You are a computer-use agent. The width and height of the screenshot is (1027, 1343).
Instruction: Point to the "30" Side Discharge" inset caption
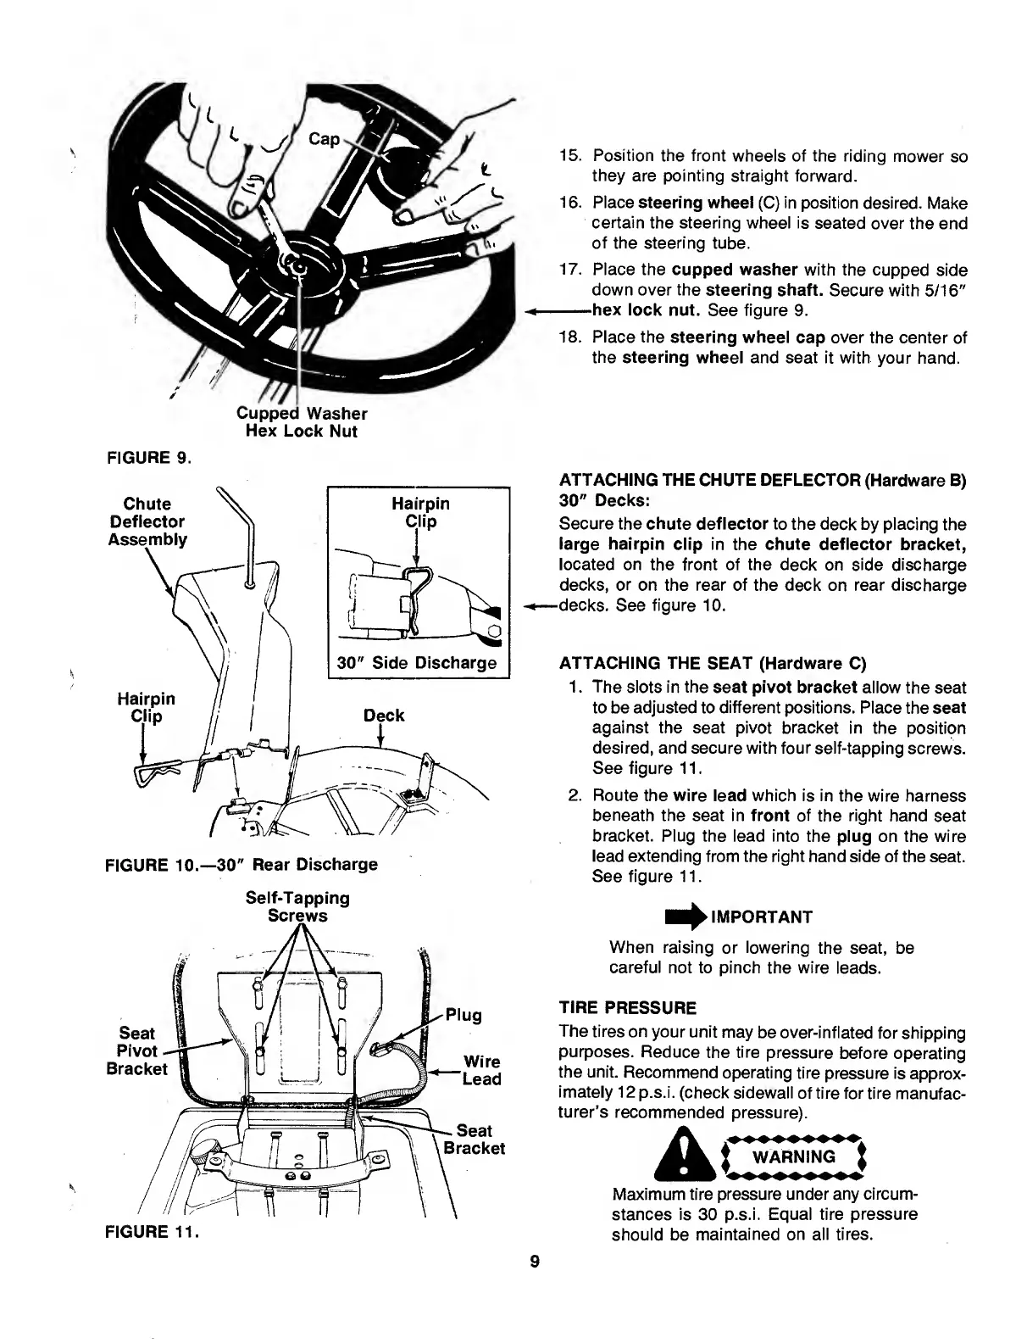pyautogui.click(x=416, y=662)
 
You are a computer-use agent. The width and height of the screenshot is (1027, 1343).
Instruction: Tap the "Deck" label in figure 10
pyautogui.click(x=384, y=716)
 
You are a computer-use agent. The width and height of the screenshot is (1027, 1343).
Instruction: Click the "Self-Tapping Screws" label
pyautogui.click(x=297, y=906)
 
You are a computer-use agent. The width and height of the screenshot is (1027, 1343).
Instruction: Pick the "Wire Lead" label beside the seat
pyautogui.click(x=481, y=1070)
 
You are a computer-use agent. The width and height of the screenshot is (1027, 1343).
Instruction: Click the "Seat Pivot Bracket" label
pyautogui.click(x=136, y=1050)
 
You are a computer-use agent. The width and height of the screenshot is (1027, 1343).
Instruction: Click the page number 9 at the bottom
pyautogui.click(x=534, y=1261)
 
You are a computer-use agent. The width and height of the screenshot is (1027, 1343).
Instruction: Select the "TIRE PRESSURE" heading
pyautogui.click(x=628, y=1008)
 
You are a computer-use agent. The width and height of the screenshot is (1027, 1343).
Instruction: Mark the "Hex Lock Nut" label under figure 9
pyautogui.click(x=301, y=432)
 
